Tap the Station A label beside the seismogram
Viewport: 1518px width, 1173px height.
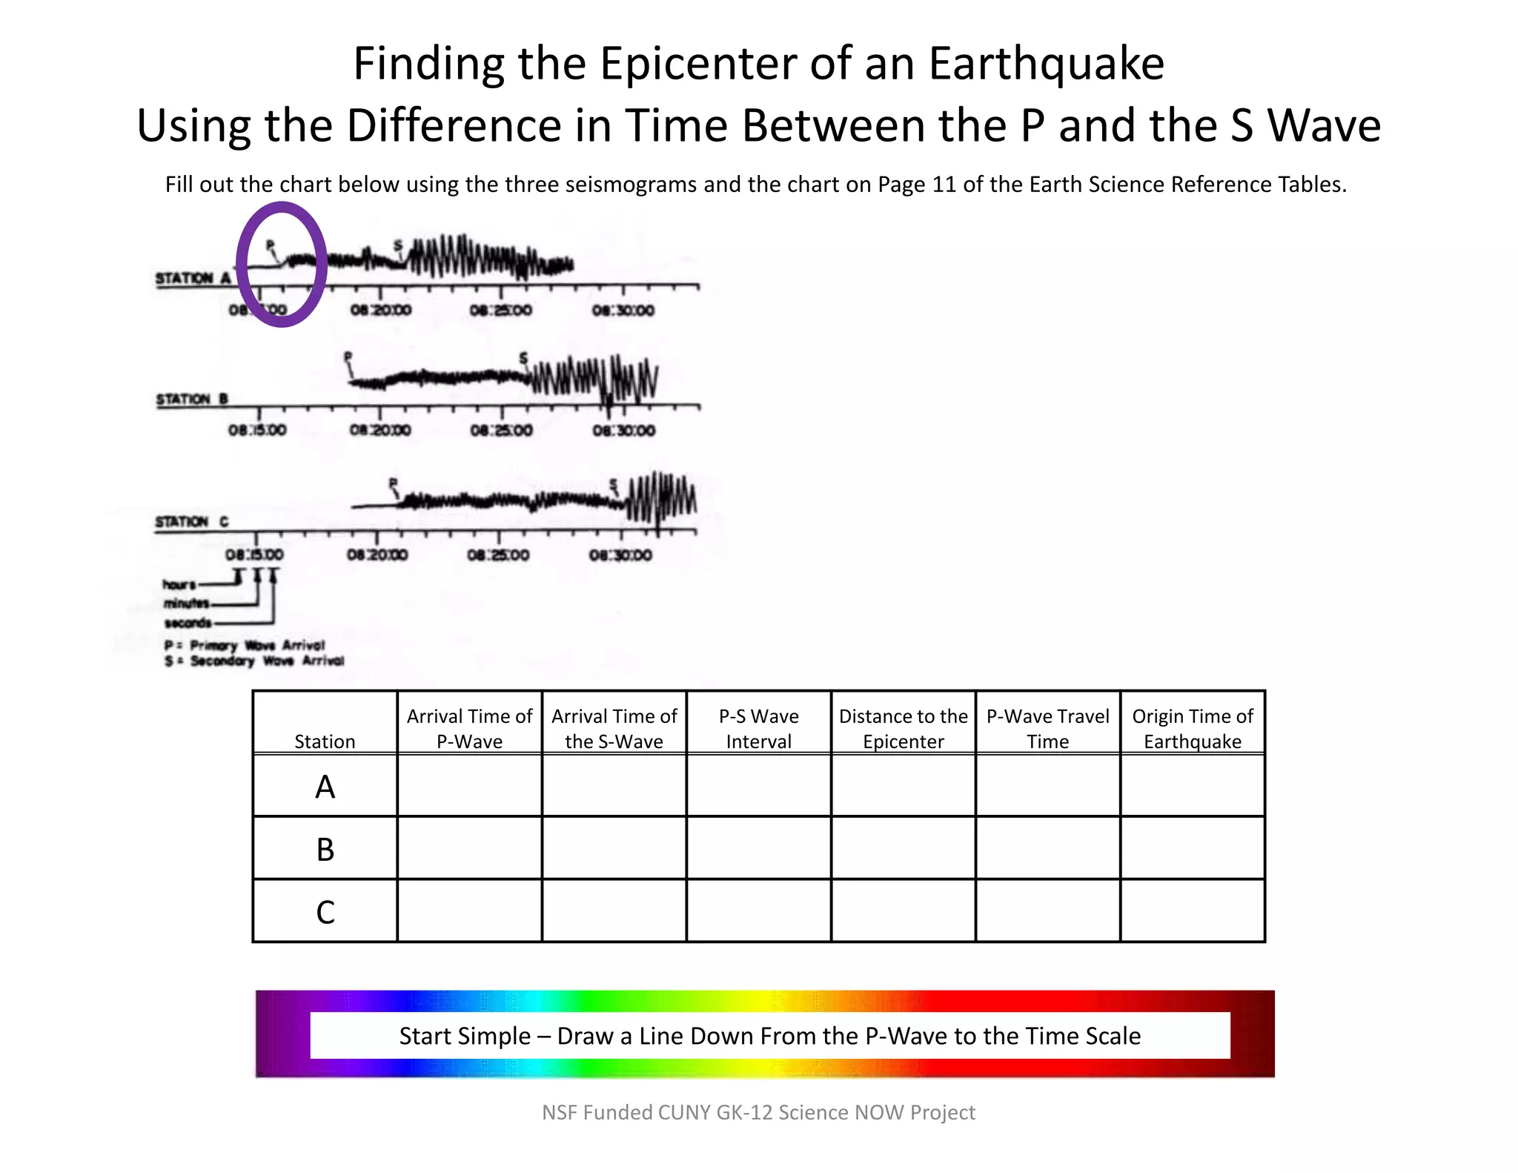click(x=193, y=278)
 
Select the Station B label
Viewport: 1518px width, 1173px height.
click(x=191, y=399)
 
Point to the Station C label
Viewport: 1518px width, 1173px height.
click(x=191, y=521)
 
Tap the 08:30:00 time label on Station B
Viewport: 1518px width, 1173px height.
click(x=623, y=430)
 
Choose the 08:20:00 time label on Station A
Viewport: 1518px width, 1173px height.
click(x=380, y=310)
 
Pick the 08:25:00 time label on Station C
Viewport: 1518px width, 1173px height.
click(x=498, y=555)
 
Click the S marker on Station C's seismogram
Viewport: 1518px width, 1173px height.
click(x=613, y=486)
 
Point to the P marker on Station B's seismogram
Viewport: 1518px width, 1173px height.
click(x=348, y=358)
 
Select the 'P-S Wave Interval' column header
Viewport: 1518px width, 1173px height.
click(x=758, y=728)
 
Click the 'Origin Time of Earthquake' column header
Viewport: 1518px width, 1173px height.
click(x=1192, y=728)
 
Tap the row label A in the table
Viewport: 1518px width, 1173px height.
click(x=325, y=787)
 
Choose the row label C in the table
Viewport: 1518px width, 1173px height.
click(x=325, y=912)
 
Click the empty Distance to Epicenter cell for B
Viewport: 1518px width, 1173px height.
click(x=903, y=848)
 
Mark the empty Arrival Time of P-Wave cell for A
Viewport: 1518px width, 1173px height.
click(x=469, y=786)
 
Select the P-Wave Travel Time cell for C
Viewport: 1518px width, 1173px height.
click(x=1047, y=911)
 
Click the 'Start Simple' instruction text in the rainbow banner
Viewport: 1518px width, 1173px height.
click(x=769, y=1036)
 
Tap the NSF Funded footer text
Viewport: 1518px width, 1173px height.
click(x=758, y=1112)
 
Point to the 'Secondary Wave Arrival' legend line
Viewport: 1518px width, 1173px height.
click(x=254, y=661)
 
